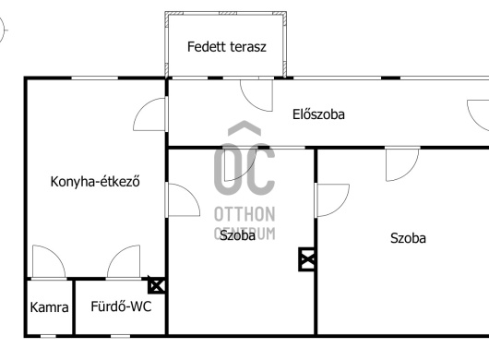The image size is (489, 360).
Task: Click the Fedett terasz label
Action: pyautogui.click(x=227, y=47)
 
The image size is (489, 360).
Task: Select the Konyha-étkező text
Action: pyautogui.click(x=94, y=182)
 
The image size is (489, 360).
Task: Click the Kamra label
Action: pyautogui.click(x=49, y=307)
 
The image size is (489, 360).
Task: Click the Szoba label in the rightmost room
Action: pyautogui.click(x=408, y=237)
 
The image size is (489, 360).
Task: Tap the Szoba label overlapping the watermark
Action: pyautogui.click(x=237, y=235)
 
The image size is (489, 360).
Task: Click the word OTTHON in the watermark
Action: pyautogui.click(x=244, y=213)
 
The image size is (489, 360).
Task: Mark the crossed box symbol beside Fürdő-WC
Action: pyautogui.click(x=157, y=286)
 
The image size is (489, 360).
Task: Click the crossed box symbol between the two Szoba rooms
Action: pyautogui.click(x=307, y=260)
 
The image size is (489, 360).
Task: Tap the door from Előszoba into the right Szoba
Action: pyautogui.click(x=402, y=163)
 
